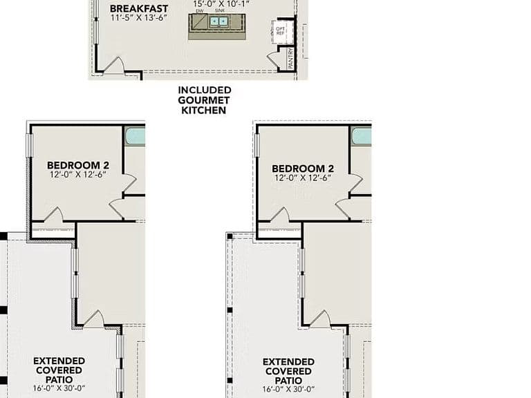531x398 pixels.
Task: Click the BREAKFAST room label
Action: pyautogui.click(x=139, y=8)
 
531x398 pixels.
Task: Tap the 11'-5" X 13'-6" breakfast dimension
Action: pyautogui.click(x=139, y=17)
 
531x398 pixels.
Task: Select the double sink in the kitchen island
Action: pyautogui.click(x=218, y=21)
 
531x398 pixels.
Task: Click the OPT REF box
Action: pyautogui.click(x=280, y=31)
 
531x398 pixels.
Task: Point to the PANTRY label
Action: pyautogui.click(x=290, y=59)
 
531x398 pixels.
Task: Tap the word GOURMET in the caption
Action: pyautogui.click(x=203, y=100)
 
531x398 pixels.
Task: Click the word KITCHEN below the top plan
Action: pyautogui.click(x=203, y=110)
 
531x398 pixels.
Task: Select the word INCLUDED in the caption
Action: pyautogui.click(x=205, y=90)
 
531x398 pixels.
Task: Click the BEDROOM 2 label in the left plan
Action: pyautogui.click(x=78, y=165)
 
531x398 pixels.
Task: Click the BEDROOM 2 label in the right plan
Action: pyautogui.click(x=303, y=169)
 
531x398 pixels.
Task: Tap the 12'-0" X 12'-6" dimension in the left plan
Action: pyautogui.click(x=78, y=175)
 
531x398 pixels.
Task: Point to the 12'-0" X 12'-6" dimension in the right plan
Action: pyautogui.click(x=303, y=178)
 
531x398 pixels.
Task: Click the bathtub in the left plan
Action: pyautogui.click(x=135, y=136)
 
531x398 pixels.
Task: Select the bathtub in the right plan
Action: pyautogui.click(x=362, y=136)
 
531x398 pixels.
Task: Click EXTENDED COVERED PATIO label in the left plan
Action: pyautogui.click(x=59, y=370)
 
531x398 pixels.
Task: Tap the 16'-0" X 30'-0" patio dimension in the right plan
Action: pyautogui.click(x=288, y=390)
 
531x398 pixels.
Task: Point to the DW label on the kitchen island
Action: pyautogui.click(x=200, y=11)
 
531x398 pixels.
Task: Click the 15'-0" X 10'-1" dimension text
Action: pyautogui.click(x=221, y=4)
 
